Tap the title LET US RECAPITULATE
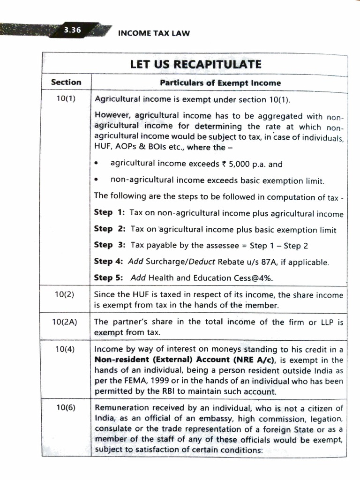pos(195,64)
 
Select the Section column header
pos(66,82)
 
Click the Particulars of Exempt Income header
pos(220,83)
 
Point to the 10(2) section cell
pos(66,295)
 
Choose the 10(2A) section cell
pos(66,322)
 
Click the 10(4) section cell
pos(66,349)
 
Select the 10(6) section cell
pos(66,408)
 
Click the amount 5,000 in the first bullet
pos(238,165)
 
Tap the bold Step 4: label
pos(108,262)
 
